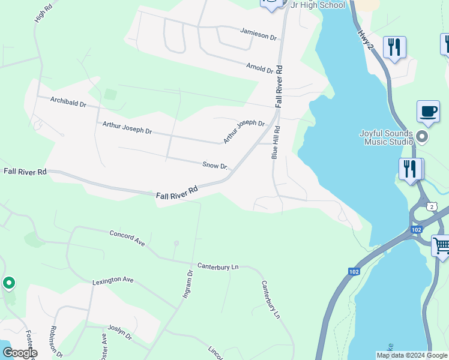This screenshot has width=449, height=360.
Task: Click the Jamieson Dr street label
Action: pyautogui.click(x=259, y=34)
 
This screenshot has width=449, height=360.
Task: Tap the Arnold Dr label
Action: pyautogui.click(x=260, y=68)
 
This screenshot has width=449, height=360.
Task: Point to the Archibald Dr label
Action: pyautogui.click(x=68, y=102)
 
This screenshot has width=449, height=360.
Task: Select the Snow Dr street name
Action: pyautogui.click(x=215, y=166)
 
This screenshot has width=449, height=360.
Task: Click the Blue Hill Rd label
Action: pyautogui.click(x=276, y=142)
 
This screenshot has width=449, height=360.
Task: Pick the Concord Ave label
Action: pyautogui.click(x=127, y=237)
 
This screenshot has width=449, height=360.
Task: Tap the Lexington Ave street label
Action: pyautogui.click(x=113, y=280)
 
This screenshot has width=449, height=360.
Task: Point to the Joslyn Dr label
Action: pyautogui.click(x=119, y=332)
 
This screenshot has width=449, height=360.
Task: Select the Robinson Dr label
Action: pyautogui.click(x=56, y=341)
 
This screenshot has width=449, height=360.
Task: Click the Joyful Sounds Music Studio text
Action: pyautogui.click(x=386, y=137)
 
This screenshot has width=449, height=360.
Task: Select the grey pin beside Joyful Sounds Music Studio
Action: pyautogui.click(x=422, y=137)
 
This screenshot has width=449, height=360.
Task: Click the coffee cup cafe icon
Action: pyautogui.click(x=429, y=111)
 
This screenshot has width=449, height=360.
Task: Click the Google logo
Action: pyautogui.click(x=20, y=353)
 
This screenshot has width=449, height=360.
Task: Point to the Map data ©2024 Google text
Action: pyautogui.click(x=412, y=355)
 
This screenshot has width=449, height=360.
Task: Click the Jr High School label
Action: pyautogui.click(x=318, y=5)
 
